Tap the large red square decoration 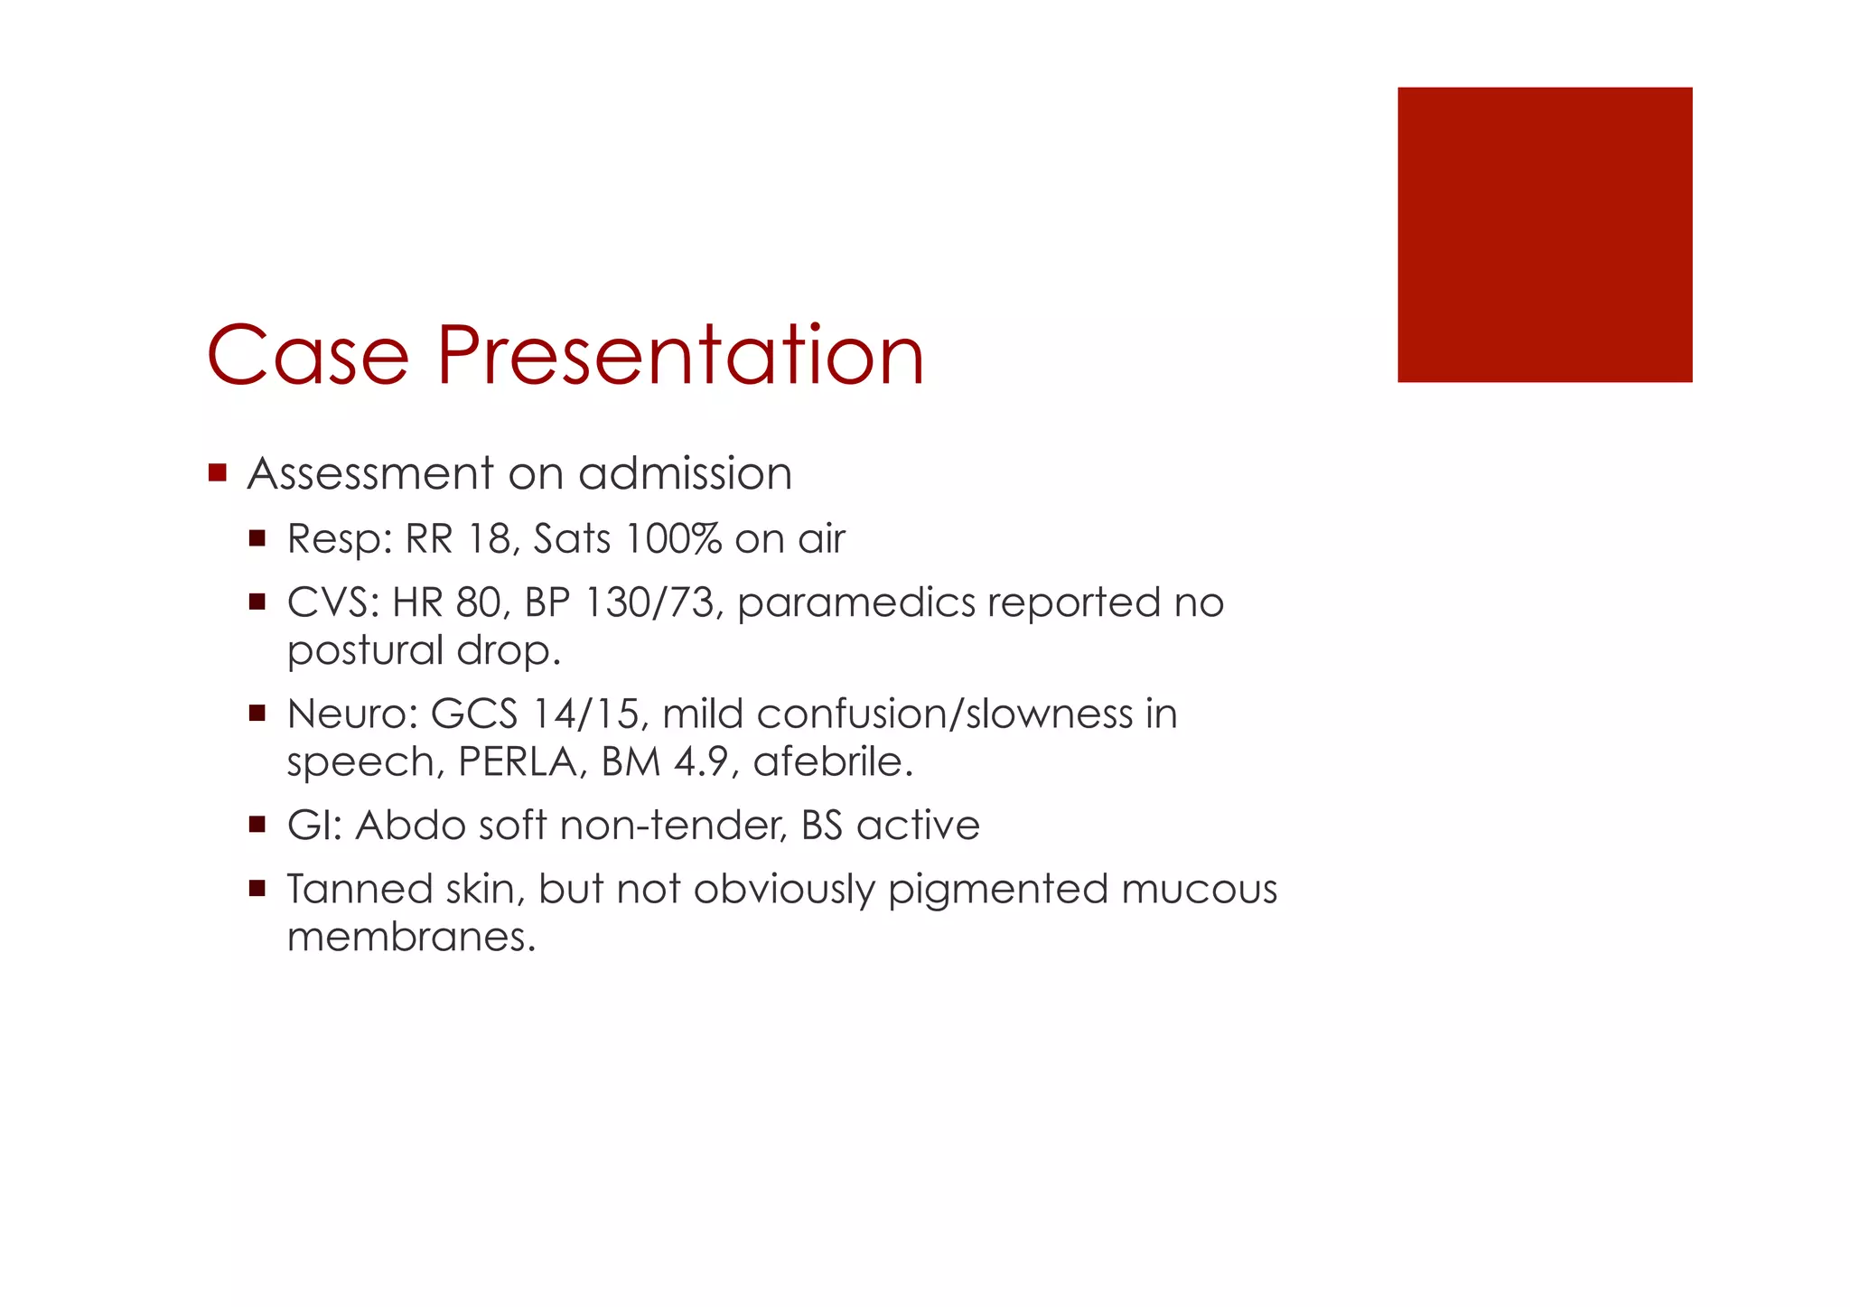(x=1544, y=235)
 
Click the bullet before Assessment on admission (x=217, y=472)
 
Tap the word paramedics (x=856, y=603)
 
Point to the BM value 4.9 (x=702, y=762)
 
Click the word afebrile (x=832, y=762)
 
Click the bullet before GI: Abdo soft (x=257, y=825)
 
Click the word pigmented (x=997, y=891)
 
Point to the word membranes (x=410, y=938)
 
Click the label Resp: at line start (x=339, y=540)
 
